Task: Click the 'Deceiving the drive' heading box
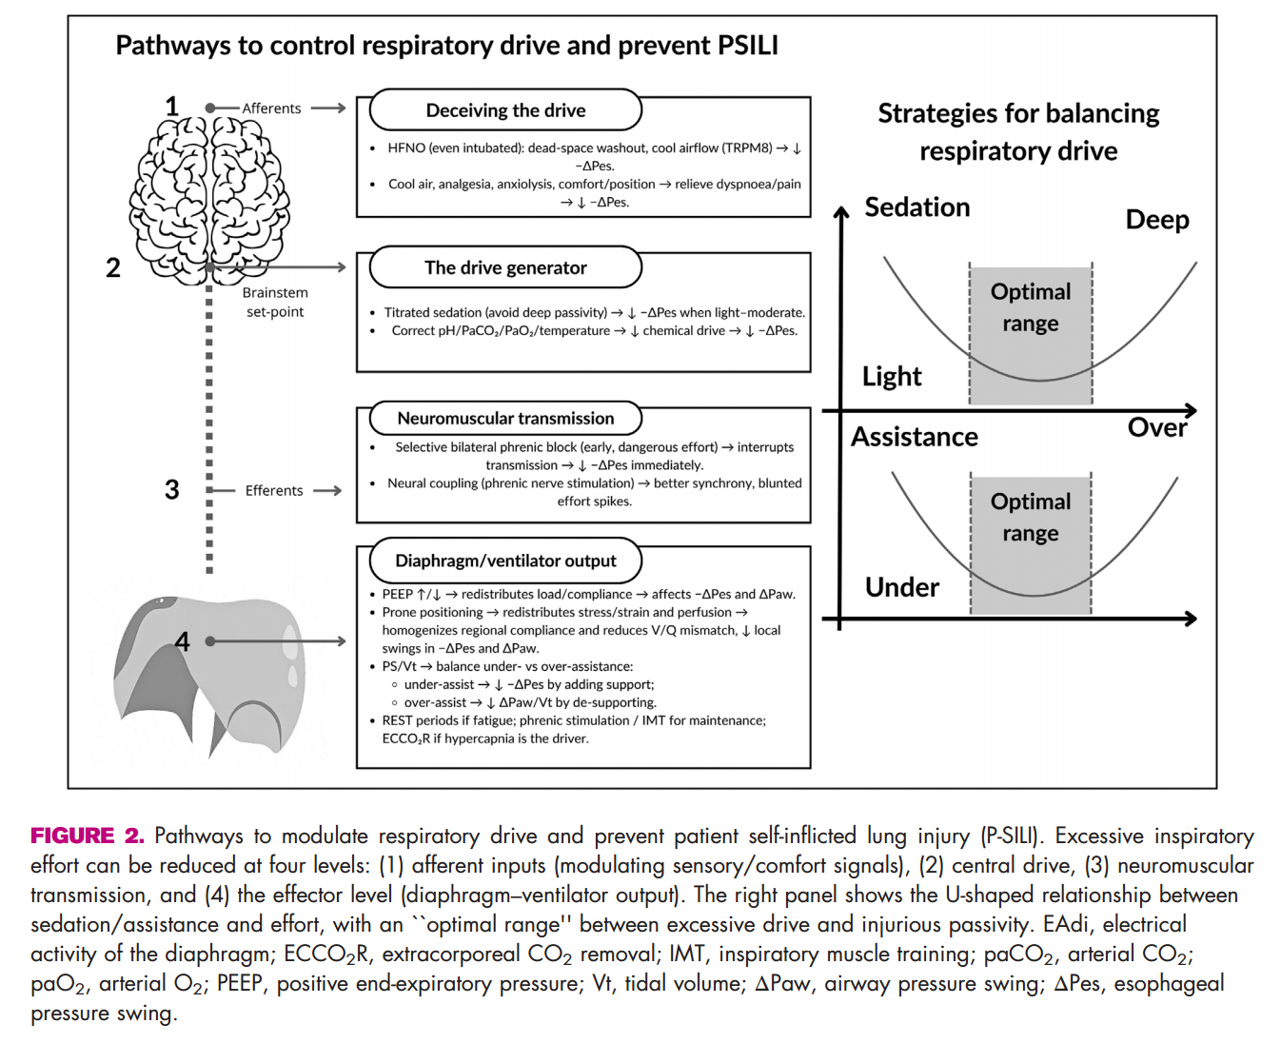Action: pos(505,110)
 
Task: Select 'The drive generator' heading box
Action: pos(505,267)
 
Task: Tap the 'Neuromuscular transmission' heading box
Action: pos(505,418)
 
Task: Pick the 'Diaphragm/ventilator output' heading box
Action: pos(505,561)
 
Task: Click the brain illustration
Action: pos(209,195)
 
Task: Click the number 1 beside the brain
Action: pos(171,106)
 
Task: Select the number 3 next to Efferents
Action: pos(171,489)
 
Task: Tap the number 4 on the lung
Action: pos(182,641)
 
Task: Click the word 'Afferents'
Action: pos(271,108)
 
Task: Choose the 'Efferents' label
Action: pos(274,490)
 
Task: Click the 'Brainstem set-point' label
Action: pos(275,302)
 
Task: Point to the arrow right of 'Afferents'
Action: pos(328,108)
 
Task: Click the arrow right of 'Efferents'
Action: pos(327,490)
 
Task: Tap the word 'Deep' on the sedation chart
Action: pos(1157,220)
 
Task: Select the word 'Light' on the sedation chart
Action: pos(892,377)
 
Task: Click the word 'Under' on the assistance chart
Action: pos(902,587)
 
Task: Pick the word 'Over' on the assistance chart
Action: pos(1157,427)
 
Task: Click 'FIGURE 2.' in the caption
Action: pos(87,836)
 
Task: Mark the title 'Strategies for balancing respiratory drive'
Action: pos(1018,132)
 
